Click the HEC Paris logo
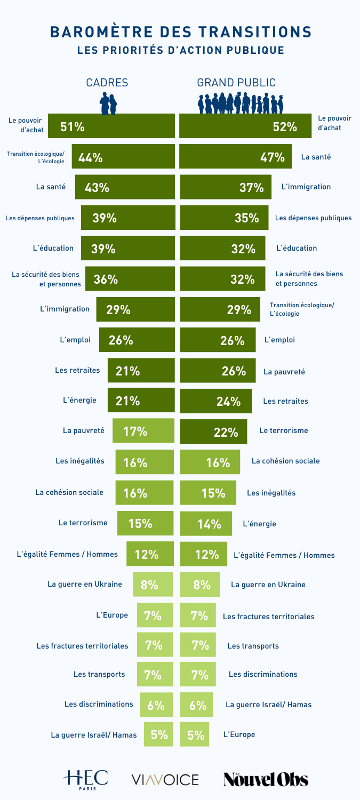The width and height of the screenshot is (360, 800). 85,779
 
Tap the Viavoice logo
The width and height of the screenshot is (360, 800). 165,780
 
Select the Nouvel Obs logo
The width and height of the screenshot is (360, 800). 266,779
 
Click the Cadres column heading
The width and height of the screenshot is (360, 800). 107,83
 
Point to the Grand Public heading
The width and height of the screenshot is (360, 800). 236,83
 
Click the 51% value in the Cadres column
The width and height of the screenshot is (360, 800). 73,127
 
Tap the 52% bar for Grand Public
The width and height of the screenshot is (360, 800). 246,127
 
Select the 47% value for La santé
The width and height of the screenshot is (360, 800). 272,157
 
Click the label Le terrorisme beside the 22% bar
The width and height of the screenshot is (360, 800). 283,430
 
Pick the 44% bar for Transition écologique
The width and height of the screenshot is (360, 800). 123,157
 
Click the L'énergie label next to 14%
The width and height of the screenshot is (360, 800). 259,524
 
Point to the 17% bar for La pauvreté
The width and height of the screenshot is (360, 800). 143,431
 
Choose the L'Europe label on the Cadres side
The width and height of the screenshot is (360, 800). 112,615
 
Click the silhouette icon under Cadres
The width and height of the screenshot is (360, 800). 109,103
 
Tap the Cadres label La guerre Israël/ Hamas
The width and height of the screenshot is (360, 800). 93,735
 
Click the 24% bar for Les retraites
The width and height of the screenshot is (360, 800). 217,402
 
